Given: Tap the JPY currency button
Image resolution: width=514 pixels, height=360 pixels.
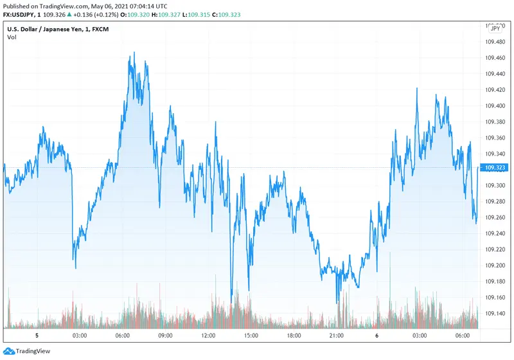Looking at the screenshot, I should click(x=495, y=28).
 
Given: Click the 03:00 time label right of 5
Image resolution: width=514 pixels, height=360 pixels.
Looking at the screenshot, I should click(x=80, y=336).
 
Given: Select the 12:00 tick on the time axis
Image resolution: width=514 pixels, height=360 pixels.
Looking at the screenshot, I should click(x=208, y=336).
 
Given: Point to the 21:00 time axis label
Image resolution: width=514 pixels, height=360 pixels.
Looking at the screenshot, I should click(x=337, y=336).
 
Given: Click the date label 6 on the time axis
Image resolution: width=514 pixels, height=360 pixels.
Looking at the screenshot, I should click(x=378, y=336).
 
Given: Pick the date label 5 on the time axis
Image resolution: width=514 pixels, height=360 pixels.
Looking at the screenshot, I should click(x=37, y=336).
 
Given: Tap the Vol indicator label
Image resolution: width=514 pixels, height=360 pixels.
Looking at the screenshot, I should click(x=12, y=37).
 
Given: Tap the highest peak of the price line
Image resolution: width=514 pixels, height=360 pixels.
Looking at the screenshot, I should click(x=134, y=53).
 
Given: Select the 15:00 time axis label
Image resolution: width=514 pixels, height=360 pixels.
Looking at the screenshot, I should click(x=251, y=336).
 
